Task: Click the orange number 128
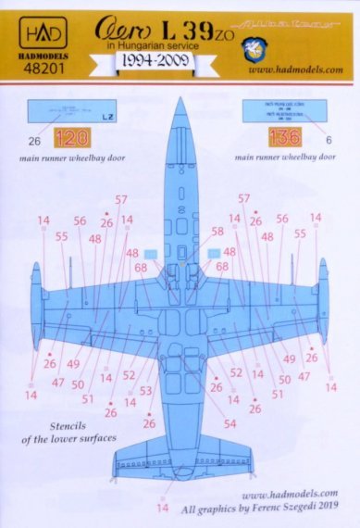68,141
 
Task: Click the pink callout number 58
217,232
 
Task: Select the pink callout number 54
230,424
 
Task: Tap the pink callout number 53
145,390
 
